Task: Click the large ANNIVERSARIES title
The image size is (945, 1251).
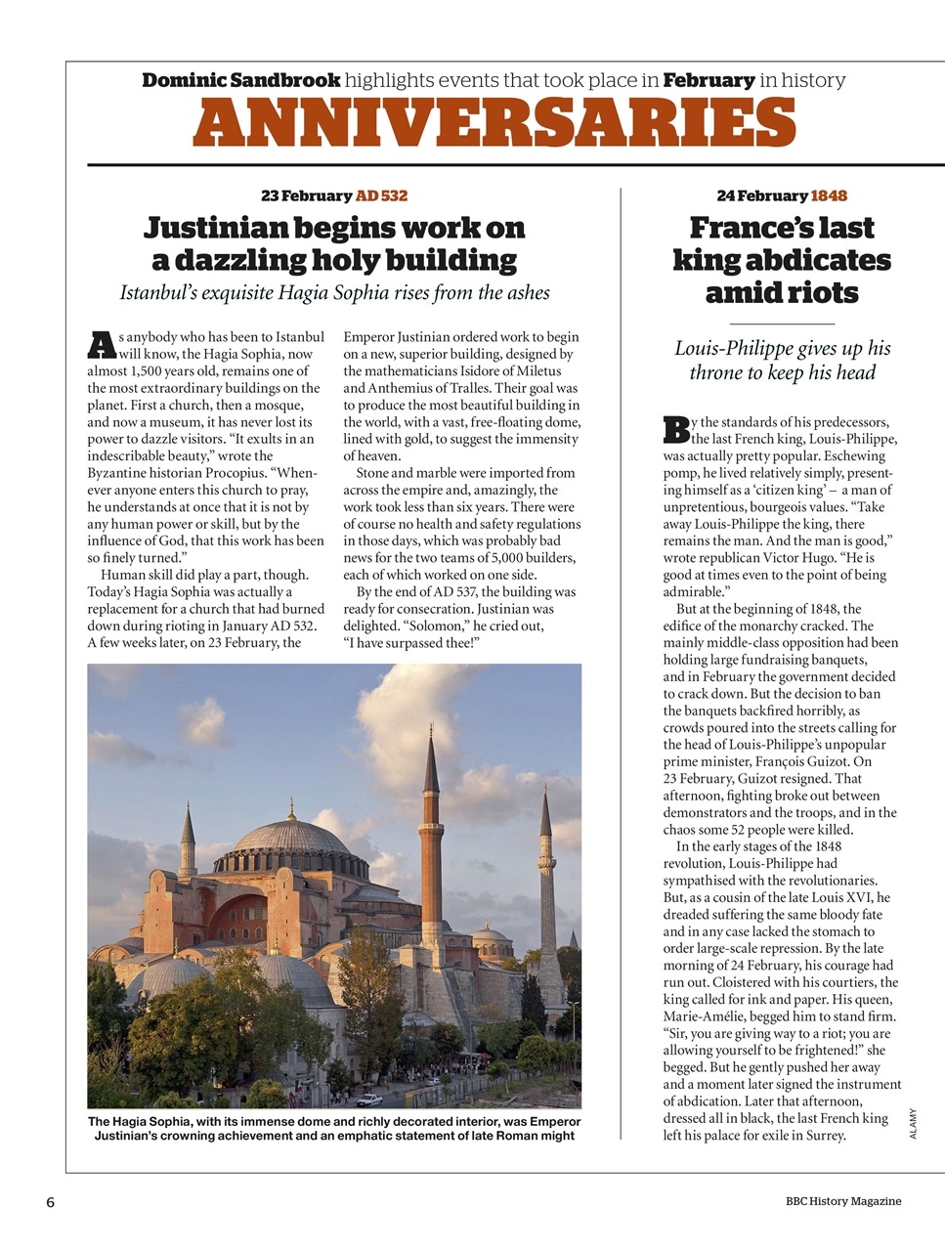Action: [494, 124]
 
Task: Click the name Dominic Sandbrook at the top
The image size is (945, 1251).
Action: [241, 80]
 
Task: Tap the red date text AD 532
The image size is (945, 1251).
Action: [381, 195]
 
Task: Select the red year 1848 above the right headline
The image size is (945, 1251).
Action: [829, 195]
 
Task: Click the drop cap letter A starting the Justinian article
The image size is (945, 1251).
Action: [102, 345]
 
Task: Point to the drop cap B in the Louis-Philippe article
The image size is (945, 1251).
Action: [676, 430]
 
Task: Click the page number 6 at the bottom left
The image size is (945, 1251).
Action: [50, 1202]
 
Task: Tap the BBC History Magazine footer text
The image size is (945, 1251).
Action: [843, 1201]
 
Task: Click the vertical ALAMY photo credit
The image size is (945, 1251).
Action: [913, 1123]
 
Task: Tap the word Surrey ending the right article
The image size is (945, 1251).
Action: [825, 1136]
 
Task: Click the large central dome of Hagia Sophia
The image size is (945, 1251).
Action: [291, 838]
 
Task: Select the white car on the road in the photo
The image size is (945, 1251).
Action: [369, 1100]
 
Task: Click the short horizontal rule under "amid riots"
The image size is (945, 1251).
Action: [782, 324]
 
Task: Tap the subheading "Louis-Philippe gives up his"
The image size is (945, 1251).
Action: [782, 349]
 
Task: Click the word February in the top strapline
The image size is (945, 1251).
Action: [709, 80]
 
